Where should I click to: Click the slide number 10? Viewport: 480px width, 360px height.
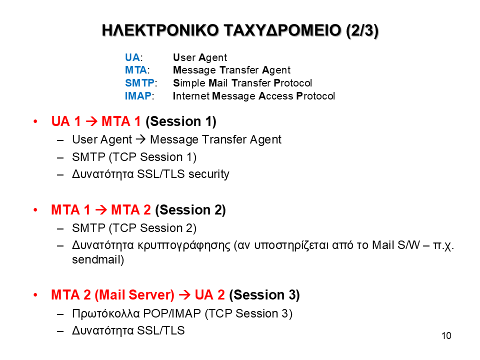click(x=446, y=336)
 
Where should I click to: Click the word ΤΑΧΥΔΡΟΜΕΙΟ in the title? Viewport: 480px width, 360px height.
click(x=282, y=30)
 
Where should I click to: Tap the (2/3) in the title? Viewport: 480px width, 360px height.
click(x=362, y=30)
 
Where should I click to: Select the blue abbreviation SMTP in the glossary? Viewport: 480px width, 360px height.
click(x=139, y=83)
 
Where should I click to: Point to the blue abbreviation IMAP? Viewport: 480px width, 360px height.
click(x=138, y=96)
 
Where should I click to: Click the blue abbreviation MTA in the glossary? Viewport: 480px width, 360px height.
click(x=136, y=70)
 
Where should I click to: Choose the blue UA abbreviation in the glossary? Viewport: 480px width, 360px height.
click(x=132, y=57)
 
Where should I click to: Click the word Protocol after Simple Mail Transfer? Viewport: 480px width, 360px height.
click(x=292, y=83)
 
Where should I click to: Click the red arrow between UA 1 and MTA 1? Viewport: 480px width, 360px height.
click(x=91, y=121)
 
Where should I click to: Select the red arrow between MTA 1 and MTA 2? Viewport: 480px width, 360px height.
click(x=101, y=210)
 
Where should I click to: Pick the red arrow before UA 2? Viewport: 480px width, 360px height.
click(x=184, y=295)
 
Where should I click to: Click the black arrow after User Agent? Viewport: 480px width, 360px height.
click(x=141, y=139)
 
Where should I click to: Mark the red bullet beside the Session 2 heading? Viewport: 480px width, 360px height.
click(x=35, y=210)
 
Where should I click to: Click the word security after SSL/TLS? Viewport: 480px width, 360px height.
click(x=209, y=174)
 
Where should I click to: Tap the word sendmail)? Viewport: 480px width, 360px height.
click(x=98, y=259)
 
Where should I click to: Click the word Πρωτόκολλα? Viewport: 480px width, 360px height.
click(x=106, y=314)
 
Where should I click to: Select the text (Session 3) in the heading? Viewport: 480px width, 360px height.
click(x=264, y=295)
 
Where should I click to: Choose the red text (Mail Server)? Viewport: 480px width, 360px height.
click(x=134, y=295)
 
